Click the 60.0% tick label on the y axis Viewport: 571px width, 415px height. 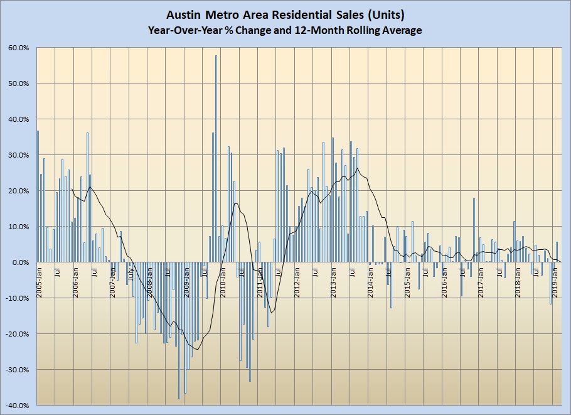point(18,48)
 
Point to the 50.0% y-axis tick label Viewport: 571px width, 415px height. point(18,84)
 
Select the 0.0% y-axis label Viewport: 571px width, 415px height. point(19,262)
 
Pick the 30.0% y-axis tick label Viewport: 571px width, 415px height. point(18,155)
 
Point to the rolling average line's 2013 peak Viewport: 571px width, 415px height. point(358,168)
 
